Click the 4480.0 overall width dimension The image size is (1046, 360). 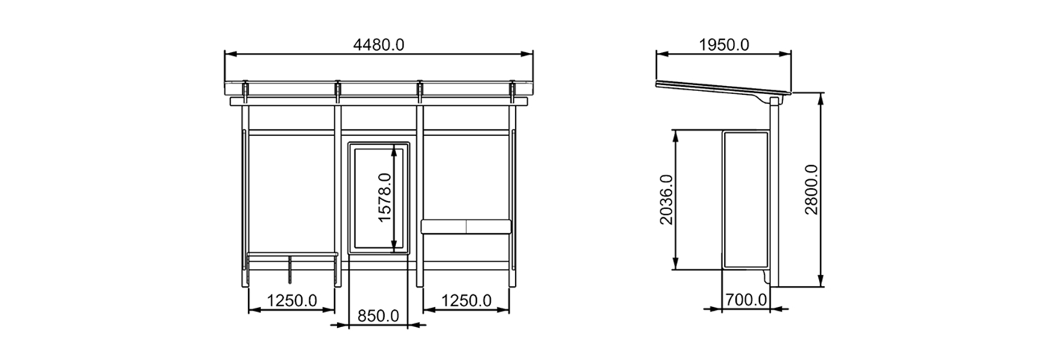pos(379,45)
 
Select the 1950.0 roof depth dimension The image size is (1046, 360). pos(723,45)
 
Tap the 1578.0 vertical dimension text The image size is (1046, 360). pos(384,198)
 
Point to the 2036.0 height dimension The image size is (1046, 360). pos(666,200)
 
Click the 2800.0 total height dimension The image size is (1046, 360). pos(811,190)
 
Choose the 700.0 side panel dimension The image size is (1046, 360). pos(746,300)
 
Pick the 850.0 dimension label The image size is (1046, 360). pos(378,316)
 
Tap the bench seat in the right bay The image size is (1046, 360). pos(466,226)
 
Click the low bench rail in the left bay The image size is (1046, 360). pos(292,255)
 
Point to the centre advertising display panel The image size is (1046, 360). pos(380,197)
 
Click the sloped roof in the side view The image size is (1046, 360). pos(717,88)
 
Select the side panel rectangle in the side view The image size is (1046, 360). pos(746,199)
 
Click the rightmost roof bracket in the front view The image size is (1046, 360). pos(513,90)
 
